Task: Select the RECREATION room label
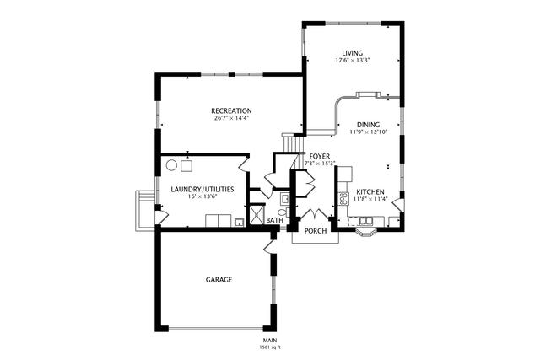231,110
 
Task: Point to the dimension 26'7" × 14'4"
231,118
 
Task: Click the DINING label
367,125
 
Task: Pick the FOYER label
319,156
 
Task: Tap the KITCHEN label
371,192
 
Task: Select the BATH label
274,221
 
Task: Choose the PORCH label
315,231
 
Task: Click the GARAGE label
219,279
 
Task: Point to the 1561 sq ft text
270,347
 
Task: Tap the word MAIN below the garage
270,340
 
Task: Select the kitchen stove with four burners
343,199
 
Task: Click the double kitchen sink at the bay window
367,223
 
